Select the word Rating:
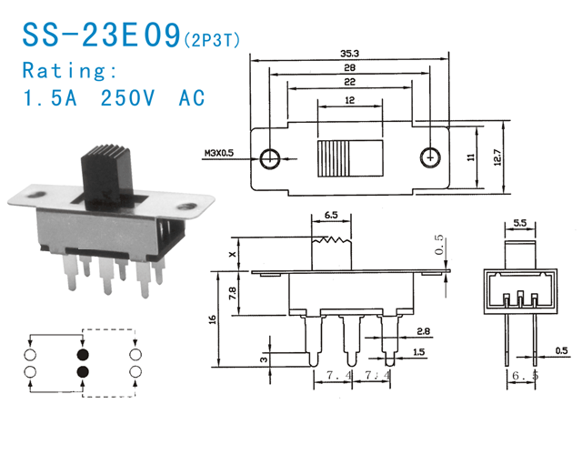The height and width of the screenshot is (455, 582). click(70, 70)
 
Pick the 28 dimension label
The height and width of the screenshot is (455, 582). click(350, 67)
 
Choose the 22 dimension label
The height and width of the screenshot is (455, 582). click(350, 82)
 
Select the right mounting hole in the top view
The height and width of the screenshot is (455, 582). click(429, 157)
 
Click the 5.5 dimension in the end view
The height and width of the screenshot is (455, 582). click(521, 222)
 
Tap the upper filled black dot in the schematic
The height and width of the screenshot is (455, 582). click(84, 353)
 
